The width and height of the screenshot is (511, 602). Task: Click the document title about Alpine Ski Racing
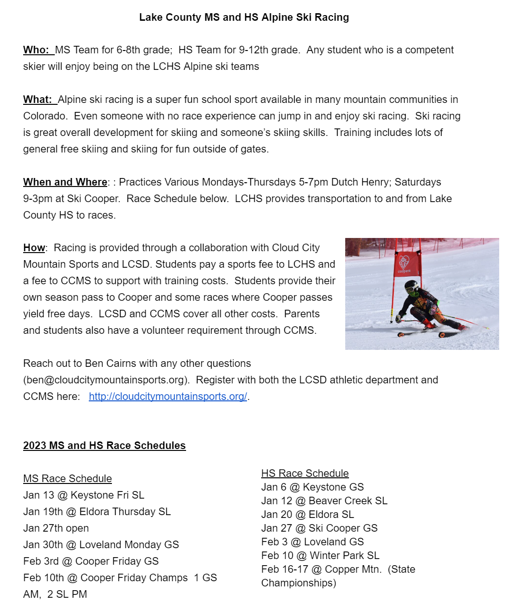tap(244, 17)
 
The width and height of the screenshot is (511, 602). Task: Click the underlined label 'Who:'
tap(36, 50)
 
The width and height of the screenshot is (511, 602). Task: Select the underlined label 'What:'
tap(37, 100)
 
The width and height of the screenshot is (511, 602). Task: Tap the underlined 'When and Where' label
tap(65, 182)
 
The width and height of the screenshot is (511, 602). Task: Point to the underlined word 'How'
tap(34, 248)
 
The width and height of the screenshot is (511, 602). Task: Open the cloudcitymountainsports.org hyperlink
tap(168, 397)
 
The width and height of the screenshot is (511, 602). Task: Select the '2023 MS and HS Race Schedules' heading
tap(104, 446)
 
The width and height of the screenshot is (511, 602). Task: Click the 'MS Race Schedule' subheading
tap(68, 479)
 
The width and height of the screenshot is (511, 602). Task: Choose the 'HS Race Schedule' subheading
tap(305, 474)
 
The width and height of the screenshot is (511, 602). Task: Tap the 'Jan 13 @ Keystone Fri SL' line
tap(84, 495)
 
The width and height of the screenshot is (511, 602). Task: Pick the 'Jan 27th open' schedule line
tap(56, 528)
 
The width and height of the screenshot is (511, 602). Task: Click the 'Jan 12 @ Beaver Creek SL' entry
tap(324, 501)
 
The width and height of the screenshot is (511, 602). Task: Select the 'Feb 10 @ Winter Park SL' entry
tap(320, 556)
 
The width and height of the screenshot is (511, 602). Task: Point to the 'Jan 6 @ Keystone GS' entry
tap(312, 487)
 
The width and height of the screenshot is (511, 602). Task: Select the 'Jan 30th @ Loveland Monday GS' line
tap(101, 545)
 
